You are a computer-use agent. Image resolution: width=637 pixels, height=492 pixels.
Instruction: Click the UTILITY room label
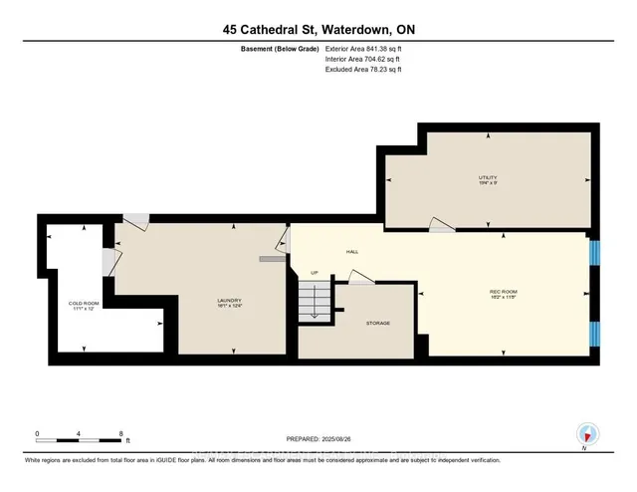[487, 178]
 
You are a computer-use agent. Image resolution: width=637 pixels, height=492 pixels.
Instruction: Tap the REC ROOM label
[503, 291]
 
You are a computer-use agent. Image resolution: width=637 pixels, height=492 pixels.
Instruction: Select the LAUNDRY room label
[230, 301]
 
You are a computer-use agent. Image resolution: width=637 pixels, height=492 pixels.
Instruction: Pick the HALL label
[351, 251]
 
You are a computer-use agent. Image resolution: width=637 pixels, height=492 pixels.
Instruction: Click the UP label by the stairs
[316, 272]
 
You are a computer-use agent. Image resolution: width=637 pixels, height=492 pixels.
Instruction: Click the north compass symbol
[586, 434]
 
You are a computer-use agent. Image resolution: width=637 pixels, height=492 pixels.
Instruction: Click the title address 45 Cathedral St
[318, 31]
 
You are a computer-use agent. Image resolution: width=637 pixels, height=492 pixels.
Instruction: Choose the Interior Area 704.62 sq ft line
[363, 60]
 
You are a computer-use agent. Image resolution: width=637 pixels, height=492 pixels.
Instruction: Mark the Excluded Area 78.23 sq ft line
[363, 71]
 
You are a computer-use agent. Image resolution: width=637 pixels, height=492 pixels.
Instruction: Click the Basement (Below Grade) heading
[280, 49]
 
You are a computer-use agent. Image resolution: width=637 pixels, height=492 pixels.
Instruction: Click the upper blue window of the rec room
[594, 253]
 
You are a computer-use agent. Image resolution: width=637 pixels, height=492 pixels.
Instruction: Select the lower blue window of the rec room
[594, 334]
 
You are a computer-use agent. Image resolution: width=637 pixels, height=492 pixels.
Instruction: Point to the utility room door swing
[439, 225]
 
